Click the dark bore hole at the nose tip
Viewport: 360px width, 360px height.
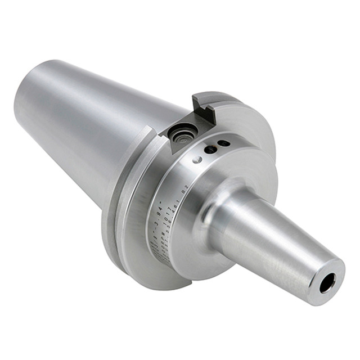[x=327, y=283]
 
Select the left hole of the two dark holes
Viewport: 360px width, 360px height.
[x=211, y=150]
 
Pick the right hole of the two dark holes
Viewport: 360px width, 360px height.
[x=223, y=143]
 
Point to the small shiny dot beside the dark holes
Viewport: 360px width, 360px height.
[x=197, y=160]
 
